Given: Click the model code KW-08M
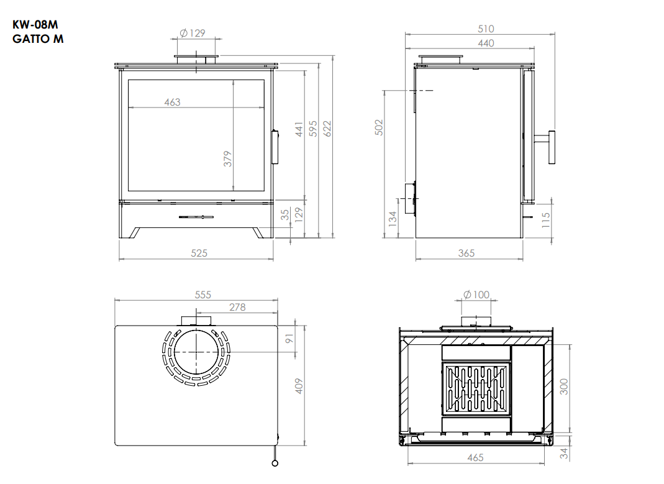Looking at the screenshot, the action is [35, 25].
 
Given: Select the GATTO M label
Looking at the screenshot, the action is [38, 39].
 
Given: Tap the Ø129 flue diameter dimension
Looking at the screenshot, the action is [193, 33].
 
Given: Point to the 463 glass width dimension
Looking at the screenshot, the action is [172, 102].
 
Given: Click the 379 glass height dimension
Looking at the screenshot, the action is [228, 159].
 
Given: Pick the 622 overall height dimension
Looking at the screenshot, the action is [327, 129].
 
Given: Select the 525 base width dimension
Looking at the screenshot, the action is [199, 253].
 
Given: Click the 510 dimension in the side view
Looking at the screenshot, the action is [486, 29].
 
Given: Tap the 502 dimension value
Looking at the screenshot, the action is [379, 127].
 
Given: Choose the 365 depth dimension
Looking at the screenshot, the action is [466, 253].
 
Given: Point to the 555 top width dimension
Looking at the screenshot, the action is [203, 295].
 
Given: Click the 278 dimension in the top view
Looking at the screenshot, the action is [237, 308].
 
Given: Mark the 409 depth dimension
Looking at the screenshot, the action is [299, 386].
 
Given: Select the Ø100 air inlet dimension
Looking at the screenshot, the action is [476, 295].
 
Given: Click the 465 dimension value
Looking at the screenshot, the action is [476, 458].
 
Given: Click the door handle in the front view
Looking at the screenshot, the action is [275, 147].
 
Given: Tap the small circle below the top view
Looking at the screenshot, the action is [275, 463].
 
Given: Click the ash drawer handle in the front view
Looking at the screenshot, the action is [196, 217].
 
